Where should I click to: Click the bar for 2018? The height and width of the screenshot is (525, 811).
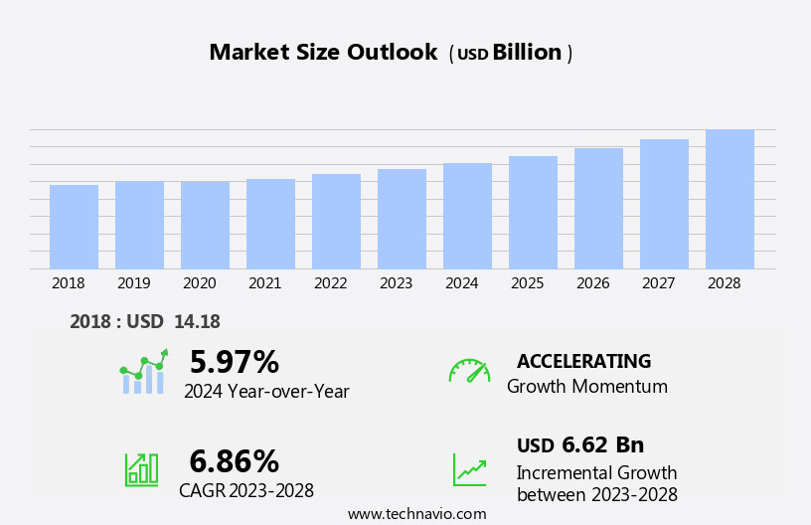pos(74,227)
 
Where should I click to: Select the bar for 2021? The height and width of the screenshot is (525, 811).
pos(270,224)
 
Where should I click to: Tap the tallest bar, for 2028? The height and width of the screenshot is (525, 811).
pos(730,199)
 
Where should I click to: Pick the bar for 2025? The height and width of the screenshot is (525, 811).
pos(533,212)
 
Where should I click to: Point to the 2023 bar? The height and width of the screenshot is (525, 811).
pos(402,219)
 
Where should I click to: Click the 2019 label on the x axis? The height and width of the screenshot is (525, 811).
pos(134,283)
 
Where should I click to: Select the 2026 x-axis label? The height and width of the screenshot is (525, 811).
pos(593,283)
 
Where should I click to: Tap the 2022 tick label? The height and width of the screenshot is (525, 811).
pos(331,283)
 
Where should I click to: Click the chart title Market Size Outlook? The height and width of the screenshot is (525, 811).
pos(323,53)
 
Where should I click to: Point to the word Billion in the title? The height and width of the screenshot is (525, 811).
pos(527,53)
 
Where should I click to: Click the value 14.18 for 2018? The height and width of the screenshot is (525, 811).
pos(197,321)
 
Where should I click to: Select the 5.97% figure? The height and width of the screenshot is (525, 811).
pos(235,362)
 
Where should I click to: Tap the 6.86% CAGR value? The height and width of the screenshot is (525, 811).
pos(235,461)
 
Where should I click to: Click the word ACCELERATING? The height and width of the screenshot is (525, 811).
pos(583,362)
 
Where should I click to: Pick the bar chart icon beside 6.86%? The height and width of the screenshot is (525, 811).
pos(141,469)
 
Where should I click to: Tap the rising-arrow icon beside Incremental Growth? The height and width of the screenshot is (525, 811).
pos(469,469)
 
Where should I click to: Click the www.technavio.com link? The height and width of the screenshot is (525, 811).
pos(416,514)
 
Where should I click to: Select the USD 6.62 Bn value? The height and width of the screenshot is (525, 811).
pos(580,445)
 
